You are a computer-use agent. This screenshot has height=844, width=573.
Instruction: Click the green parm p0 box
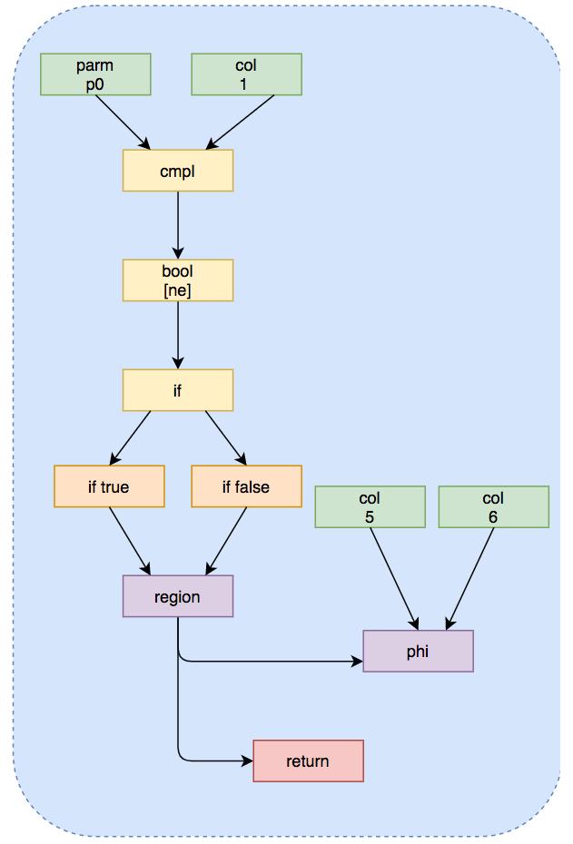(x=95, y=74)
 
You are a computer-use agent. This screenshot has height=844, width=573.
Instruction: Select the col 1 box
(x=246, y=74)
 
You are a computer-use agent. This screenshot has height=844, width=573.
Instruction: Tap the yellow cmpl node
(x=178, y=171)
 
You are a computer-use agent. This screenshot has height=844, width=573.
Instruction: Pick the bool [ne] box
(x=178, y=280)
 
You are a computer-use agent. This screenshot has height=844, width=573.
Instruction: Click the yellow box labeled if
(x=178, y=390)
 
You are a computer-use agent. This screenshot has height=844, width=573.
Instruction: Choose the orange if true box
(x=109, y=486)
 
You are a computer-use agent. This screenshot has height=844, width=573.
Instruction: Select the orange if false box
(x=246, y=486)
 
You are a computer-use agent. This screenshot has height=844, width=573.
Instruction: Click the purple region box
(x=178, y=596)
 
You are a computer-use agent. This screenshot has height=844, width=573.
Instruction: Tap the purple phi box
(x=418, y=651)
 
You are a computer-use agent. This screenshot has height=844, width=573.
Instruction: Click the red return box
(x=308, y=761)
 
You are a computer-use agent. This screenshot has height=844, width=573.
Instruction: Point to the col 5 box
(x=370, y=506)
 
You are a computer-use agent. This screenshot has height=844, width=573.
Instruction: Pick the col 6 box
(x=493, y=506)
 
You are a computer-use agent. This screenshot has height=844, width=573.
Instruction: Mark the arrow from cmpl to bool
(x=178, y=225)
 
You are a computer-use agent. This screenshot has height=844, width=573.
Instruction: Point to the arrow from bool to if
(x=178, y=335)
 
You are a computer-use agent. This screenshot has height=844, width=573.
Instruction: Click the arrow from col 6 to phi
(x=470, y=578)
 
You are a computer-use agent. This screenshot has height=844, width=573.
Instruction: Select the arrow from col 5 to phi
(x=393, y=578)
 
